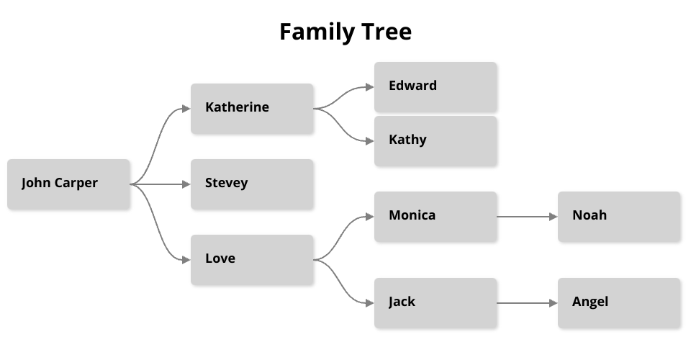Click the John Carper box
tap(68, 184)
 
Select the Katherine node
tap(252, 109)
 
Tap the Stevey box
tap(252, 184)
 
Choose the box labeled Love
tap(252, 260)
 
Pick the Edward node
tap(435, 87)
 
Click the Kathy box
tap(435, 141)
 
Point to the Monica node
tap(435, 217)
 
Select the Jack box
tap(435, 303)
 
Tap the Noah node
tap(619, 217)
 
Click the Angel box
tap(619, 303)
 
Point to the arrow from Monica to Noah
tap(527, 217)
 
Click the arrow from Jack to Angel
tap(527, 303)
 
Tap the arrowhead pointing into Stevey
tap(186, 184)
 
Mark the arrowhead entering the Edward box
tap(370, 87)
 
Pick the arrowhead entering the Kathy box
tap(370, 141)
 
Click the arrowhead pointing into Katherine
tap(186, 109)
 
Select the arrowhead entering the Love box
tap(186, 260)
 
